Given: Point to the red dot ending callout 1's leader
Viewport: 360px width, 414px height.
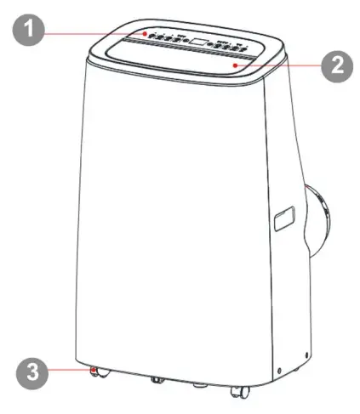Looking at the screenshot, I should pos(145,34).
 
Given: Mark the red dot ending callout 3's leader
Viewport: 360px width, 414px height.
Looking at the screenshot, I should pos(93,371).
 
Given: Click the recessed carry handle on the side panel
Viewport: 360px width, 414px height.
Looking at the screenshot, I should pos(283,218).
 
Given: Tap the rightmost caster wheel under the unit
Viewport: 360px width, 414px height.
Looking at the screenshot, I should pos(239,391).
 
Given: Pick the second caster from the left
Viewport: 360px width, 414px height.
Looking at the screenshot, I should pos(157,380).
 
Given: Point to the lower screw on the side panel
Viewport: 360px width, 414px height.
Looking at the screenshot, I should pos(279,370).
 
